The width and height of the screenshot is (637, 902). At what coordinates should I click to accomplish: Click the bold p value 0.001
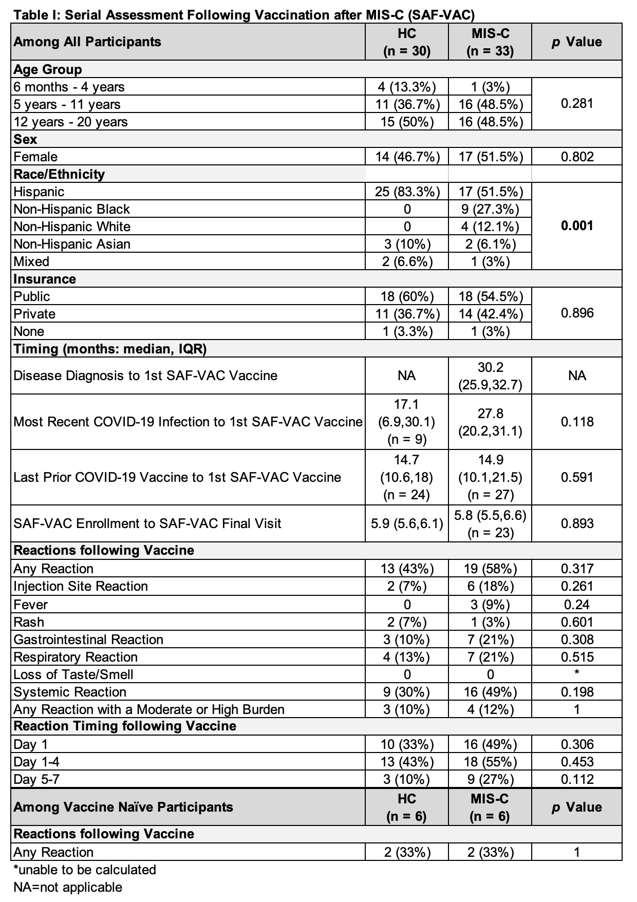pyautogui.click(x=577, y=226)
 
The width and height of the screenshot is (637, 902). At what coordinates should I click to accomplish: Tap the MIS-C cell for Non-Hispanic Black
pyautogui.click(x=490, y=209)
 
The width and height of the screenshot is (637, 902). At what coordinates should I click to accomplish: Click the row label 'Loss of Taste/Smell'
pyautogui.click(x=73, y=674)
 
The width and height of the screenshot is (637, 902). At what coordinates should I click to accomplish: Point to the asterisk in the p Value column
pyautogui.click(x=577, y=673)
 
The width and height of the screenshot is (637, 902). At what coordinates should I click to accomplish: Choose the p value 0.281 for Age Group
pyautogui.click(x=577, y=104)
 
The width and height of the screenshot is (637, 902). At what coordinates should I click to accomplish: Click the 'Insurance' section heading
pyautogui.click(x=45, y=279)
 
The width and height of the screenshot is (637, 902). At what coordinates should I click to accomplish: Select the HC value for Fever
pyautogui.click(x=407, y=605)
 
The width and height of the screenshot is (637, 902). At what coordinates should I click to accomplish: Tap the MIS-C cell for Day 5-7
pyautogui.click(x=490, y=779)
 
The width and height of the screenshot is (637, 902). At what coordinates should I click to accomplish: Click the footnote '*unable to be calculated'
pyautogui.click(x=85, y=870)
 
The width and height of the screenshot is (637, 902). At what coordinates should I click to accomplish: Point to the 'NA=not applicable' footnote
pyautogui.click(x=68, y=887)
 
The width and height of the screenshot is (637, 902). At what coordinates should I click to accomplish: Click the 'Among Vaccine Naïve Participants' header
pyautogui.click(x=123, y=807)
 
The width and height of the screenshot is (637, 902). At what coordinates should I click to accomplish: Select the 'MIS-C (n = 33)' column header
pyautogui.click(x=490, y=42)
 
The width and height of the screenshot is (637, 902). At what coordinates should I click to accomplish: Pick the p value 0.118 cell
pyautogui.click(x=577, y=422)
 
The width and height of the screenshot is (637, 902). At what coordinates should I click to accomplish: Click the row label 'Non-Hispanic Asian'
pyautogui.click(x=72, y=244)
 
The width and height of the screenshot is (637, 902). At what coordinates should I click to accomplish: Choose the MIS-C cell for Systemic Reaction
pyautogui.click(x=490, y=692)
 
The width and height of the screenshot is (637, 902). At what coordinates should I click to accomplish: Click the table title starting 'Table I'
pyautogui.click(x=244, y=15)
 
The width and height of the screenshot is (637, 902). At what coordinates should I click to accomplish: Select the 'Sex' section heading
pyautogui.click(x=25, y=139)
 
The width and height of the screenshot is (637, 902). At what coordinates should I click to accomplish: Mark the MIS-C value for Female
pyautogui.click(x=490, y=157)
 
